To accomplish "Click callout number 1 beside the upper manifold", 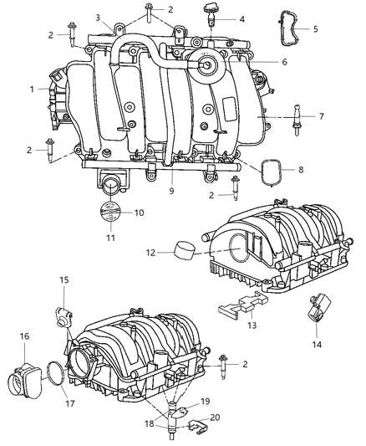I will [x=32, y=88].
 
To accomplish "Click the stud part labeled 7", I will [x=295, y=117].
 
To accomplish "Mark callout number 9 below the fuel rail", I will [x=170, y=191].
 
